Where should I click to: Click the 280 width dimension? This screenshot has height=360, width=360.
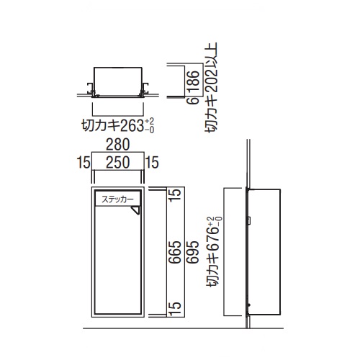(x=117, y=145)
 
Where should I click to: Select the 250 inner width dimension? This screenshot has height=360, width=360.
(x=117, y=163)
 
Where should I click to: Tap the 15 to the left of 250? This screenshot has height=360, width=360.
(x=84, y=163)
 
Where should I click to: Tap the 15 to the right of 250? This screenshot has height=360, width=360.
(x=152, y=163)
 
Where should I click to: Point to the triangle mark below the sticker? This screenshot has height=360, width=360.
(x=136, y=210)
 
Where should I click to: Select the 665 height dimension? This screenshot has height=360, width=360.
(x=175, y=252)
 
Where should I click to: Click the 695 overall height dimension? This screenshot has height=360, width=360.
(x=193, y=252)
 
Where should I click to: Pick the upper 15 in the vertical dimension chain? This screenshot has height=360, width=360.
(x=175, y=196)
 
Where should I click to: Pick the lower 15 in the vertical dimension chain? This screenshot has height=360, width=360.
(x=175, y=309)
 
